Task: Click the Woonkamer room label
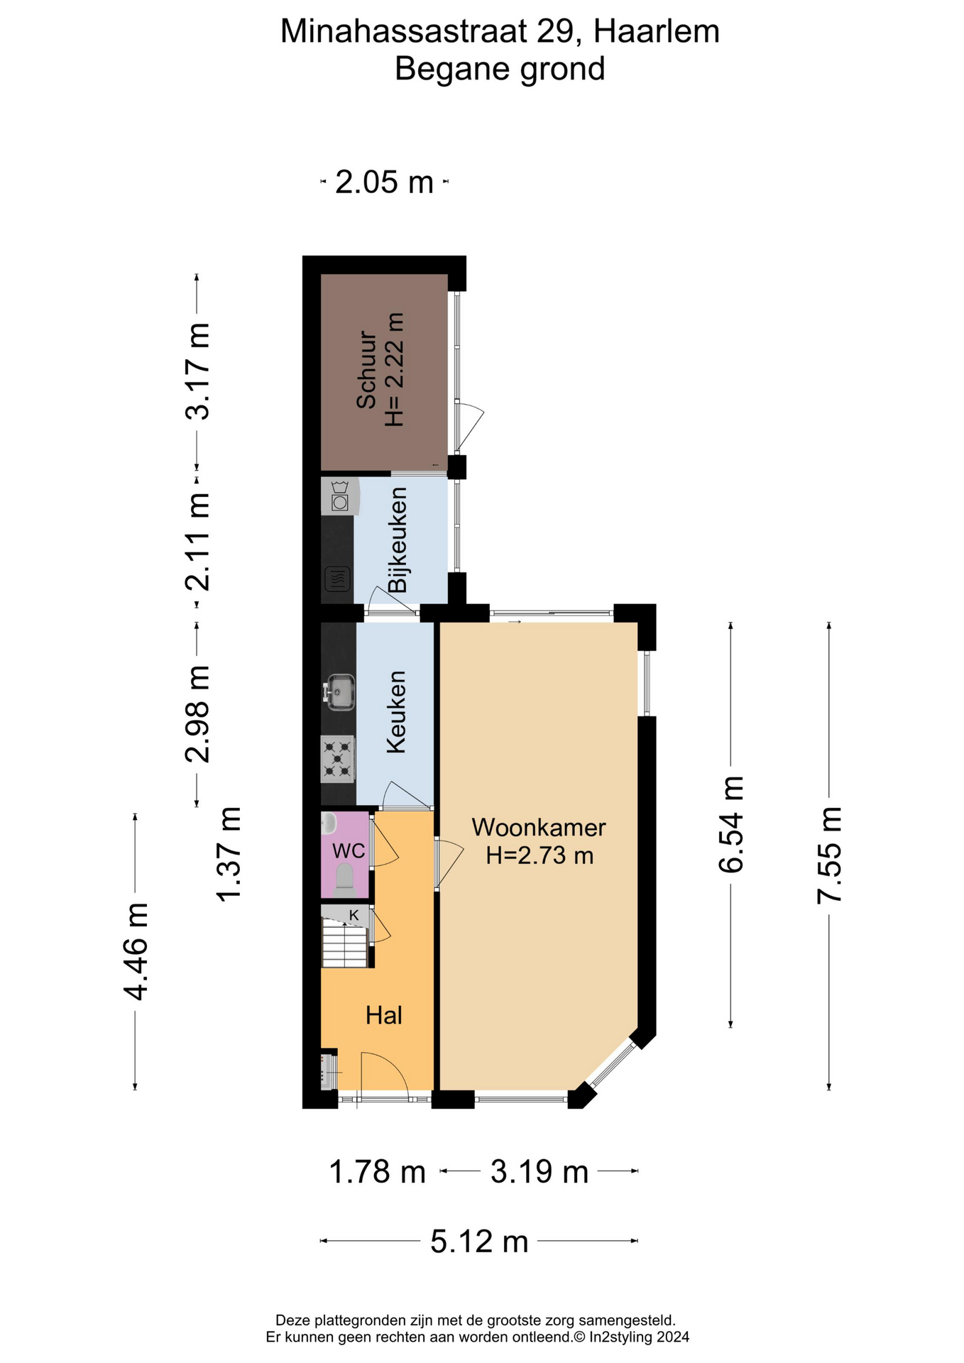(x=539, y=828)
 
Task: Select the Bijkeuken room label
(x=398, y=540)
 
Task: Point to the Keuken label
(x=396, y=712)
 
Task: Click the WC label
(x=349, y=850)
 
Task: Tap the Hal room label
(x=384, y=1015)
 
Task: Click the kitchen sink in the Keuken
(x=340, y=691)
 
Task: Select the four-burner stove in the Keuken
(x=338, y=759)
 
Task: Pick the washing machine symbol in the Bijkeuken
(x=340, y=496)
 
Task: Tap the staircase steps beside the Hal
(x=345, y=942)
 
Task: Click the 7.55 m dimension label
(x=829, y=855)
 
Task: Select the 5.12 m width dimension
(x=480, y=1242)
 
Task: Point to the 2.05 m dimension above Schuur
(x=384, y=182)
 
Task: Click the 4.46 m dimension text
(x=135, y=952)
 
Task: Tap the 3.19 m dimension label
(x=539, y=1172)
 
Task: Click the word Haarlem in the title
(x=657, y=32)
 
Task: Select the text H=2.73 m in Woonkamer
(x=539, y=855)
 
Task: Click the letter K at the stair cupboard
(x=354, y=915)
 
